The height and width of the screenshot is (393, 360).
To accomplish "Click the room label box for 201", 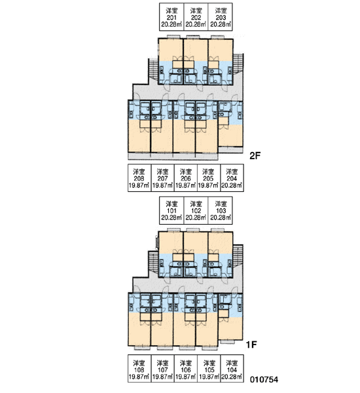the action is pos(171,17).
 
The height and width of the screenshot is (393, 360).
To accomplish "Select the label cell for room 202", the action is pos(196,17).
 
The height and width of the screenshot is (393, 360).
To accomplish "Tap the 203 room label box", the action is pos(221,17).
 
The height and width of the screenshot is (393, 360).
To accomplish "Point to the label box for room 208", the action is pos(139,178).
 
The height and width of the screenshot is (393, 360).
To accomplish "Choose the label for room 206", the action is pos(186,178).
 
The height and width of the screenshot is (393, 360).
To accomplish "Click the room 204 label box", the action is pos(232,178).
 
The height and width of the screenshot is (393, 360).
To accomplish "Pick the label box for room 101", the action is pos(171,210).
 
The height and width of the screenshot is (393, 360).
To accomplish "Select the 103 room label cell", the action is pos(221,210).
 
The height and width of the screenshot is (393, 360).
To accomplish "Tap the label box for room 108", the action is pos(139,368).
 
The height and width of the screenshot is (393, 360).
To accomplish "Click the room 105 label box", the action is pos(209,368).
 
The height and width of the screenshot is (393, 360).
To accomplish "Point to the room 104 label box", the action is pos(232,368).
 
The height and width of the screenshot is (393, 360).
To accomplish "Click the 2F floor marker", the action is pos(255,156).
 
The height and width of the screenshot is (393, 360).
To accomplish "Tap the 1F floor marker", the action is pos(251,345).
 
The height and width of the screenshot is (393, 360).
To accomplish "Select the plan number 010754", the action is pos(264,379).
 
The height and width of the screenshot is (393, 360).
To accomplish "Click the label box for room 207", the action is pos(162,178).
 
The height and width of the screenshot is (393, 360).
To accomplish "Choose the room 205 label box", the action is pos(209,178).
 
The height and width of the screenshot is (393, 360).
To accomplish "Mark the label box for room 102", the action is pos(196,210).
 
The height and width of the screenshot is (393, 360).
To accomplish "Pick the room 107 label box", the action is pos(162,368).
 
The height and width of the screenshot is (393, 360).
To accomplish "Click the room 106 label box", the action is pos(186,368).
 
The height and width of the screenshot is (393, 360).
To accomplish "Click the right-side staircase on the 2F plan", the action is pos(238,65).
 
